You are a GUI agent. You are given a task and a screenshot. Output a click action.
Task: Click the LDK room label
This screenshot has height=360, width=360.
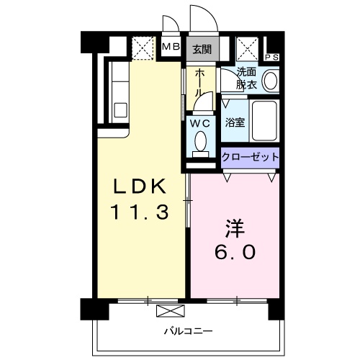pos(141,186)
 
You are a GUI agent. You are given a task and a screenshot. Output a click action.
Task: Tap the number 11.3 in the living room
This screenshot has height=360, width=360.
pos(140,213)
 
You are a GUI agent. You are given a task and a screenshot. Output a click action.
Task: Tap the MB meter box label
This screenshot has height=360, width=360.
pos(171,48)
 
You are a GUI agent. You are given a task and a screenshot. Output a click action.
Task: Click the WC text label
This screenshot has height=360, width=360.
pos(199,122)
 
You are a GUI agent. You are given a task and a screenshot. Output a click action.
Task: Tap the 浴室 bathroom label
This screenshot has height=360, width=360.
pos(234,122)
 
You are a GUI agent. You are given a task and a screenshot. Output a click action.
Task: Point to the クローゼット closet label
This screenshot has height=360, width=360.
pos(249,157)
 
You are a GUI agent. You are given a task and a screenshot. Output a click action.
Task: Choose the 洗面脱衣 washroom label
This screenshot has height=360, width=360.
pos(247,78)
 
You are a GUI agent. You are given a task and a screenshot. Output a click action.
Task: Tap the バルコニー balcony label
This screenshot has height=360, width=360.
pos(187,331)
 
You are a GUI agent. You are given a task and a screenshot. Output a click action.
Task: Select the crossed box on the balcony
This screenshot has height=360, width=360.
pos(170,312)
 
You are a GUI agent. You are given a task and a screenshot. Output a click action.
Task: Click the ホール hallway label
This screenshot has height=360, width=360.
pos(199,84)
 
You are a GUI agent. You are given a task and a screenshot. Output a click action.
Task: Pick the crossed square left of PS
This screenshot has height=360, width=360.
pos(248,48)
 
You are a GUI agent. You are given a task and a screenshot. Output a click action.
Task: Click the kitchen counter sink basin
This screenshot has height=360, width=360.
pos(120,112)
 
